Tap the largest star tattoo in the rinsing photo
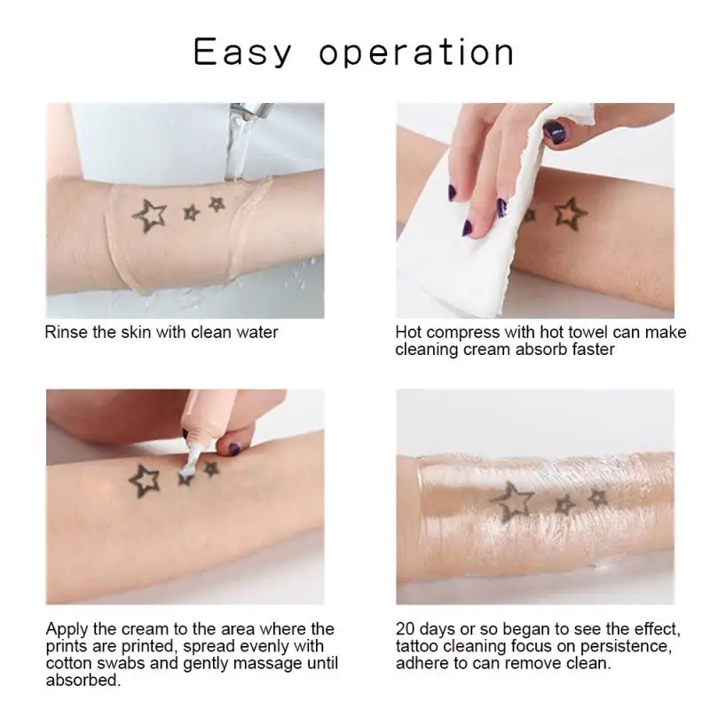pyautogui.click(x=149, y=216)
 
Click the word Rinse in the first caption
pyautogui.click(x=66, y=333)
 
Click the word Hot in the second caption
pyautogui.click(x=408, y=333)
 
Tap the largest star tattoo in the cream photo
pyautogui.click(x=144, y=480)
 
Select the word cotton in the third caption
pyautogui.click(x=69, y=663)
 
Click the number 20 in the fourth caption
pyautogui.click(x=406, y=629)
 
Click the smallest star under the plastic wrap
pyautogui.click(x=597, y=498)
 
